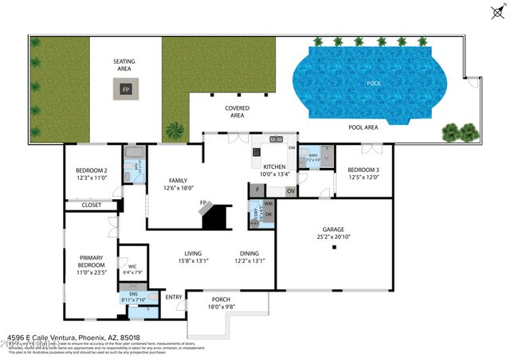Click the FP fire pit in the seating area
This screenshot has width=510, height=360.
point(125,90)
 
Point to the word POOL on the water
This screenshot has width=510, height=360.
point(373,83)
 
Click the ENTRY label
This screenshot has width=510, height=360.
point(173,297)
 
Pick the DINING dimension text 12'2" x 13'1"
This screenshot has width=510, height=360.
point(249,260)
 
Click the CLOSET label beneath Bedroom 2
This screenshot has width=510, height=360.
point(91,205)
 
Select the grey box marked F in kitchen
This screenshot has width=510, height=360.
point(258,190)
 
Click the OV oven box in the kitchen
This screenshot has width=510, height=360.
point(290,190)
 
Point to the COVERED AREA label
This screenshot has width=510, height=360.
point(237,112)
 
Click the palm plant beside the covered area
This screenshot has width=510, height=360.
point(173,129)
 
